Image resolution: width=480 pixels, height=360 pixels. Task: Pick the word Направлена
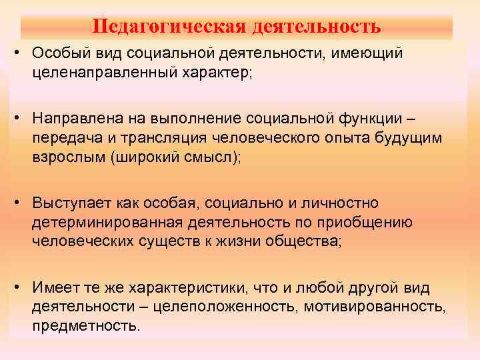(74, 118)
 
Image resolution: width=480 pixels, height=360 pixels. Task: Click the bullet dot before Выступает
(22, 202)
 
